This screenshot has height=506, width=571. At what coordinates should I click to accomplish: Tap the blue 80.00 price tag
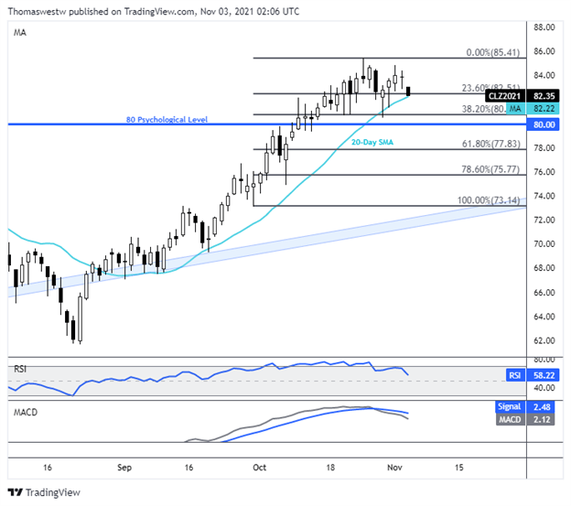tap(544, 123)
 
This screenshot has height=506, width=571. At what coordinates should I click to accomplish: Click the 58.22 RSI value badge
tap(544, 375)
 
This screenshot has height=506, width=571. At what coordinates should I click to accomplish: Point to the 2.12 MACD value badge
tap(544, 419)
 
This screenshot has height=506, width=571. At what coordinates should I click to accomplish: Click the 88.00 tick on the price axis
tap(544, 27)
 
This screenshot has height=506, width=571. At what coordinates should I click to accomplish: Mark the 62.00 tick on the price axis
tap(544, 340)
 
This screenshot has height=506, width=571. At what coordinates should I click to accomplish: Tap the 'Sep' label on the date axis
tap(125, 465)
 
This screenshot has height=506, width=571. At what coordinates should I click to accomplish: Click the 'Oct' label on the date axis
tap(260, 465)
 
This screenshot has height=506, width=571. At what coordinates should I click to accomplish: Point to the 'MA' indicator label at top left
tap(20, 31)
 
